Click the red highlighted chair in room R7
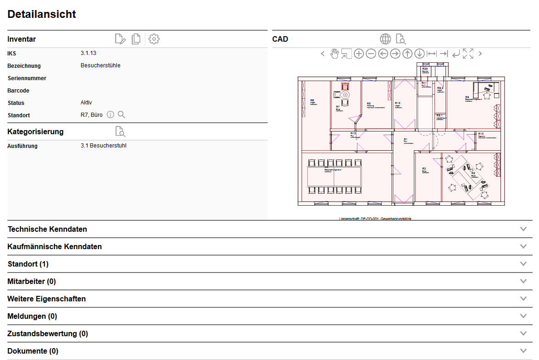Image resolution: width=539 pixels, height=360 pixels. click(345, 86)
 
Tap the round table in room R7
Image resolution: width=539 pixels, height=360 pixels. click(345, 94)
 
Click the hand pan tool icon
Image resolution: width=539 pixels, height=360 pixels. click(335, 54)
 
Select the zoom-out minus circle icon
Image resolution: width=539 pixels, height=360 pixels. click(371, 54)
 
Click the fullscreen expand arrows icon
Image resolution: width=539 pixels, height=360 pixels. click(468, 54)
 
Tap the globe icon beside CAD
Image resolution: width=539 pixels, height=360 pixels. click(385, 39)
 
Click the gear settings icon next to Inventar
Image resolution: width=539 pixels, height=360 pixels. click(154, 39)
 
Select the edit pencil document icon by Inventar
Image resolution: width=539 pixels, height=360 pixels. click(120, 39)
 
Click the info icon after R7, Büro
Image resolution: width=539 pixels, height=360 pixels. click(110, 115)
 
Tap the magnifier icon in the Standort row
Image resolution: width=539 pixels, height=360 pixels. click(121, 115)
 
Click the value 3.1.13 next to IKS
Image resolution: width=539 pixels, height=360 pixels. click(88, 53)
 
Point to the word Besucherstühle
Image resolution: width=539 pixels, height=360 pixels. click(100, 65)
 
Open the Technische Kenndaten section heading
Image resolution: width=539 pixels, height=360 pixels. click(47, 229)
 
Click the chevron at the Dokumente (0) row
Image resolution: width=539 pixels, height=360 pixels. click(524, 351)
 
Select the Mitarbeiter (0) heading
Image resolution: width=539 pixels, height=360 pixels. click(32, 281)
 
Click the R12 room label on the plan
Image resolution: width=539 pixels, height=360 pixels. click(397, 103)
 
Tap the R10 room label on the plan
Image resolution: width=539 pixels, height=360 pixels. click(481, 133)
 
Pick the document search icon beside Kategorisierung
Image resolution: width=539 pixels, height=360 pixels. click(120, 132)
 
